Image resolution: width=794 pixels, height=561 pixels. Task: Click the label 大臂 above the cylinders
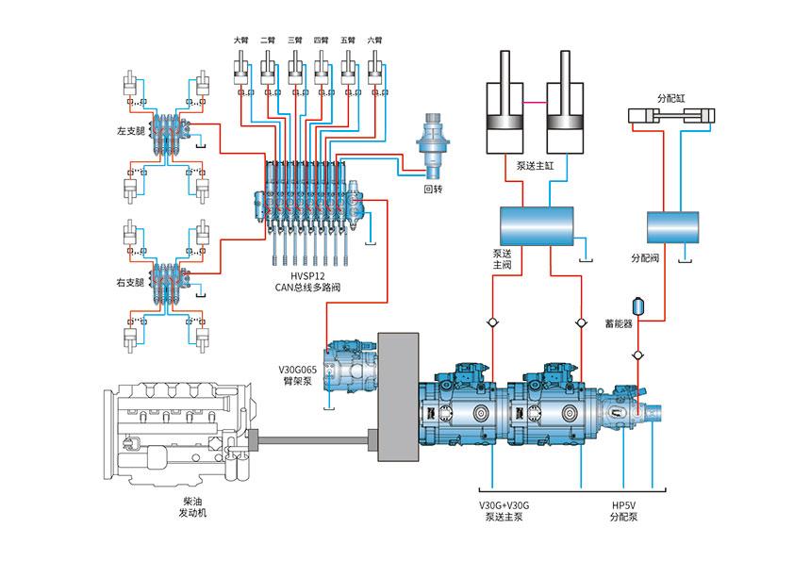tap(241, 41)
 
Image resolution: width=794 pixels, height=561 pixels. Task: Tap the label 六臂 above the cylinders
tap(374, 41)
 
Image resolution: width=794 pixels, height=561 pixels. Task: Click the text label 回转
tap(433, 189)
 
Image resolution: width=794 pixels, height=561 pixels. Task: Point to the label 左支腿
tap(129, 130)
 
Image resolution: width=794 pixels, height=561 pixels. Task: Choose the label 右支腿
tap(129, 281)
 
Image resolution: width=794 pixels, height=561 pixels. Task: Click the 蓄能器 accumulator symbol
tap(638, 305)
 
